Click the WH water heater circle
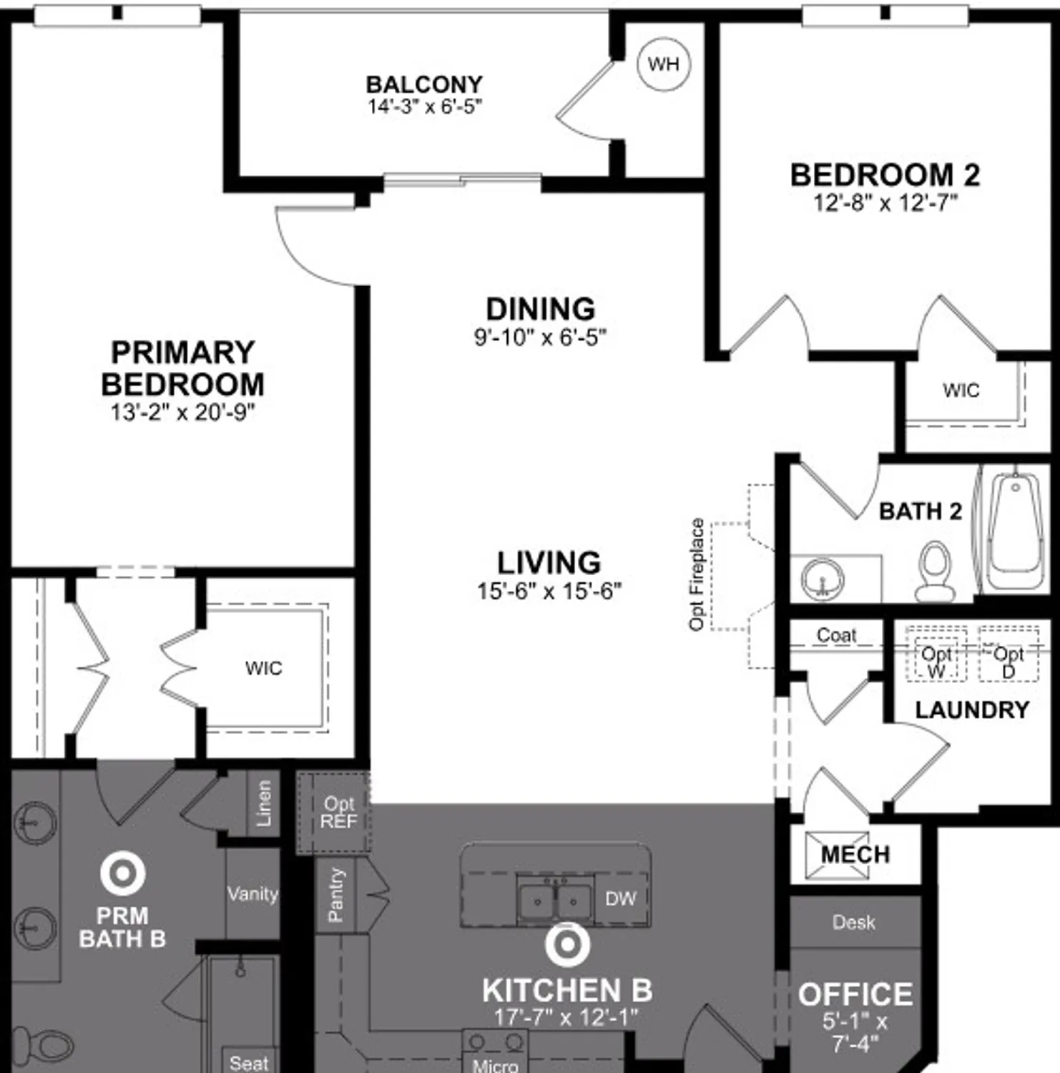pyautogui.click(x=663, y=64)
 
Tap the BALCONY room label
pyautogui.click(x=424, y=84)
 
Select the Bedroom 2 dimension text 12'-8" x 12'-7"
pyautogui.click(x=885, y=203)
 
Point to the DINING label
pyautogui.click(x=540, y=309)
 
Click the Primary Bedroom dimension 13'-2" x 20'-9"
pyautogui.click(x=182, y=413)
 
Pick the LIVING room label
pyautogui.click(x=549, y=563)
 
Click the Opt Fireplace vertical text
pyautogui.click(x=697, y=574)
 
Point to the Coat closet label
pyautogui.click(x=836, y=635)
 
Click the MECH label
pyautogui.click(x=855, y=854)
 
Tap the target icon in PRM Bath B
pyautogui.click(x=122, y=873)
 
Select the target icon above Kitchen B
pyautogui.click(x=567, y=944)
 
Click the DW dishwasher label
pyautogui.click(x=619, y=899)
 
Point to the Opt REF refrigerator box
pyautogui.click(x=338, y=813)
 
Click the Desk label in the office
pyautogui.click(x=853, y=922)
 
